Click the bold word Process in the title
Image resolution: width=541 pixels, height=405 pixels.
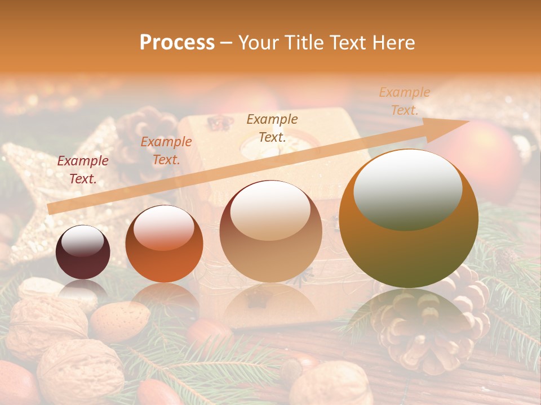[x=177, y=43]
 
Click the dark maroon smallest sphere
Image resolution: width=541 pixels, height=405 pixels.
[x=83, y=252]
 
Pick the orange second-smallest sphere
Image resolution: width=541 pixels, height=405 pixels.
[x=164, y=244]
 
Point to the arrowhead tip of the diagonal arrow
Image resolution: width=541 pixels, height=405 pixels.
[x=469, y=120]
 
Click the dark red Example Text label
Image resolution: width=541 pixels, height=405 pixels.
[x=83, y=170]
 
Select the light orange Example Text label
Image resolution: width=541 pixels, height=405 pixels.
[x=404, y=101]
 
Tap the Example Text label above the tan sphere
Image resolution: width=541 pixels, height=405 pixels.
[x=272, y=128]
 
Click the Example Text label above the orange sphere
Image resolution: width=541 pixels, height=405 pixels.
[x=166, y=151]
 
